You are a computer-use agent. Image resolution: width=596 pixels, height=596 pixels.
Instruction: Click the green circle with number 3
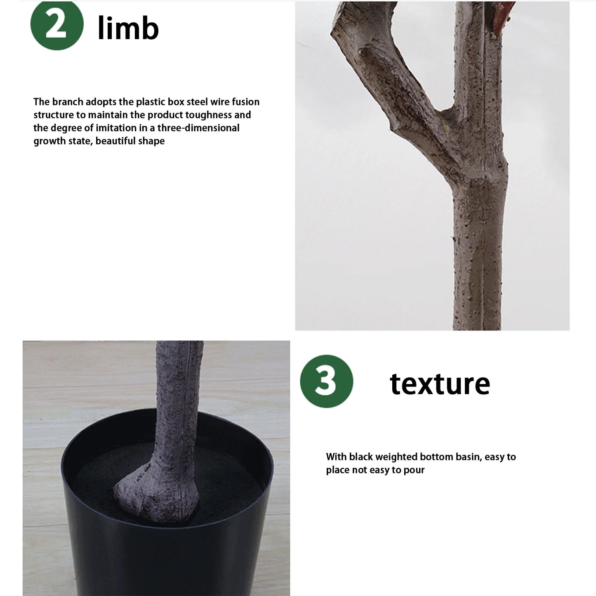(x=326, y=381)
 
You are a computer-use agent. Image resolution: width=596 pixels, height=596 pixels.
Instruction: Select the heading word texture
(x=440, y=384)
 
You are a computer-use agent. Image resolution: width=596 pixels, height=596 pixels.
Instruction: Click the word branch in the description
(x=68, y=102)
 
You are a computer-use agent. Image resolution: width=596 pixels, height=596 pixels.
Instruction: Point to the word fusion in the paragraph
(x=245, y=102)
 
